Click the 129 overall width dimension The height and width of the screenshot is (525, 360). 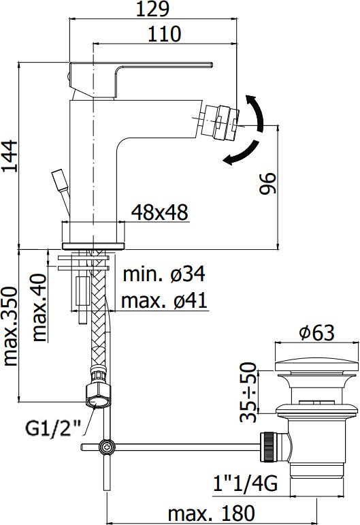pos(152,9)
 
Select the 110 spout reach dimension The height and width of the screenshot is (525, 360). pos(164,34)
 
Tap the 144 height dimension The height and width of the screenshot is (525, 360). pos(10,156)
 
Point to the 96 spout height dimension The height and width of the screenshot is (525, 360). pos(268,182)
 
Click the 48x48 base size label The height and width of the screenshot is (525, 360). pos(160,212)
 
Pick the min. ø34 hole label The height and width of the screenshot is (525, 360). pos(164,274)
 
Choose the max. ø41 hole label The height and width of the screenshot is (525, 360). pos(164,300)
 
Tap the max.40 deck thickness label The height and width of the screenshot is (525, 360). pos(39,307)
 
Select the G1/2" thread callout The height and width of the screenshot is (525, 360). pos(54,429)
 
